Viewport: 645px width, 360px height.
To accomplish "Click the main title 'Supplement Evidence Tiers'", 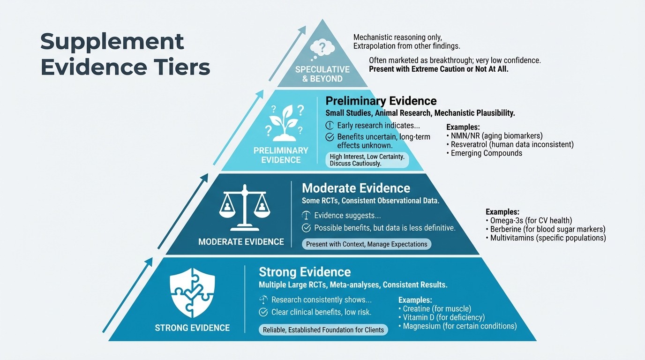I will point(125,54).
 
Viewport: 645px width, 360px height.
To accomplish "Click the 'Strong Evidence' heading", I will point(305,272).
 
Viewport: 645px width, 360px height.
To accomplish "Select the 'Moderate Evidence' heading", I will point(356,188).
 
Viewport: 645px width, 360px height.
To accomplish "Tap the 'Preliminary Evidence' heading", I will point(381,101).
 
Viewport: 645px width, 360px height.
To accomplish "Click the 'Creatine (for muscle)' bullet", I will point(436,308).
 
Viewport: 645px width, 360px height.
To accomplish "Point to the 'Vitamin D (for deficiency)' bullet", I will point(443,317).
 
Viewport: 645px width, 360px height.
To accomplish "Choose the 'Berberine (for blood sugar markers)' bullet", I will point(547,229).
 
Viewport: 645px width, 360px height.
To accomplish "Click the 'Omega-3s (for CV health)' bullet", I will point(531,220).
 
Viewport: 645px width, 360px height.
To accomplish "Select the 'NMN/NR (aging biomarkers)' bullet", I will point(496,135).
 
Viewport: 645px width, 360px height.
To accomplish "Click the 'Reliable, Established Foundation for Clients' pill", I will point(323,330).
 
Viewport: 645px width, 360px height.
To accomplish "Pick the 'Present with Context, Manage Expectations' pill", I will point(367,244).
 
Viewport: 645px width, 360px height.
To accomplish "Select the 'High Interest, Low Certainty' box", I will point(367,160).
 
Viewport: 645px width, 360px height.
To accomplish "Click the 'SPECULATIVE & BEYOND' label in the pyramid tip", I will point(322,74).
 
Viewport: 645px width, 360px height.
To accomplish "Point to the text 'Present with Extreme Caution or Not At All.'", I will point(439,69).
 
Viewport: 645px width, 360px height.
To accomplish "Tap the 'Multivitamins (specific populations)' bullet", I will point(547,238).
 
